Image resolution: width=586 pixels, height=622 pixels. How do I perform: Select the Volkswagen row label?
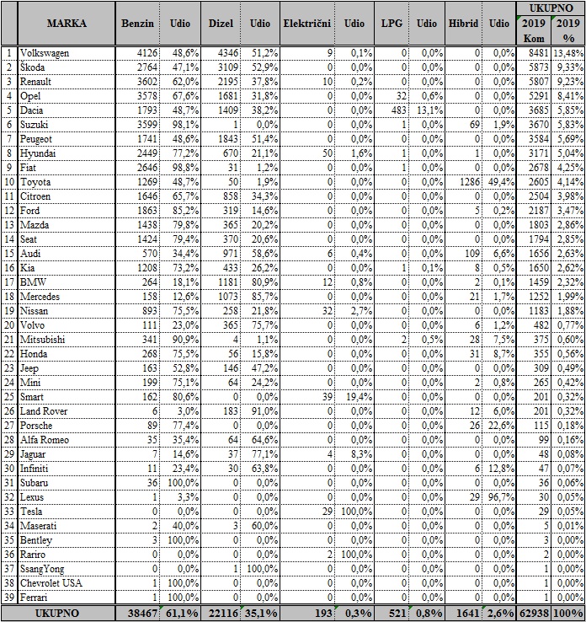tap(45, 53)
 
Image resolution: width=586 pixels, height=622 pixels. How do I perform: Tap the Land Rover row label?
tap(42, 409)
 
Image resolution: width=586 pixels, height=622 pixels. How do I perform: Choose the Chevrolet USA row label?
tap(52, 581)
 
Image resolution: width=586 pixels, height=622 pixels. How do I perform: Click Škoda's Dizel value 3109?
tap(226, 67)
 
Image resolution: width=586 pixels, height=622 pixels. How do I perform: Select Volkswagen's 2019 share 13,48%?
tap(567, 53)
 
